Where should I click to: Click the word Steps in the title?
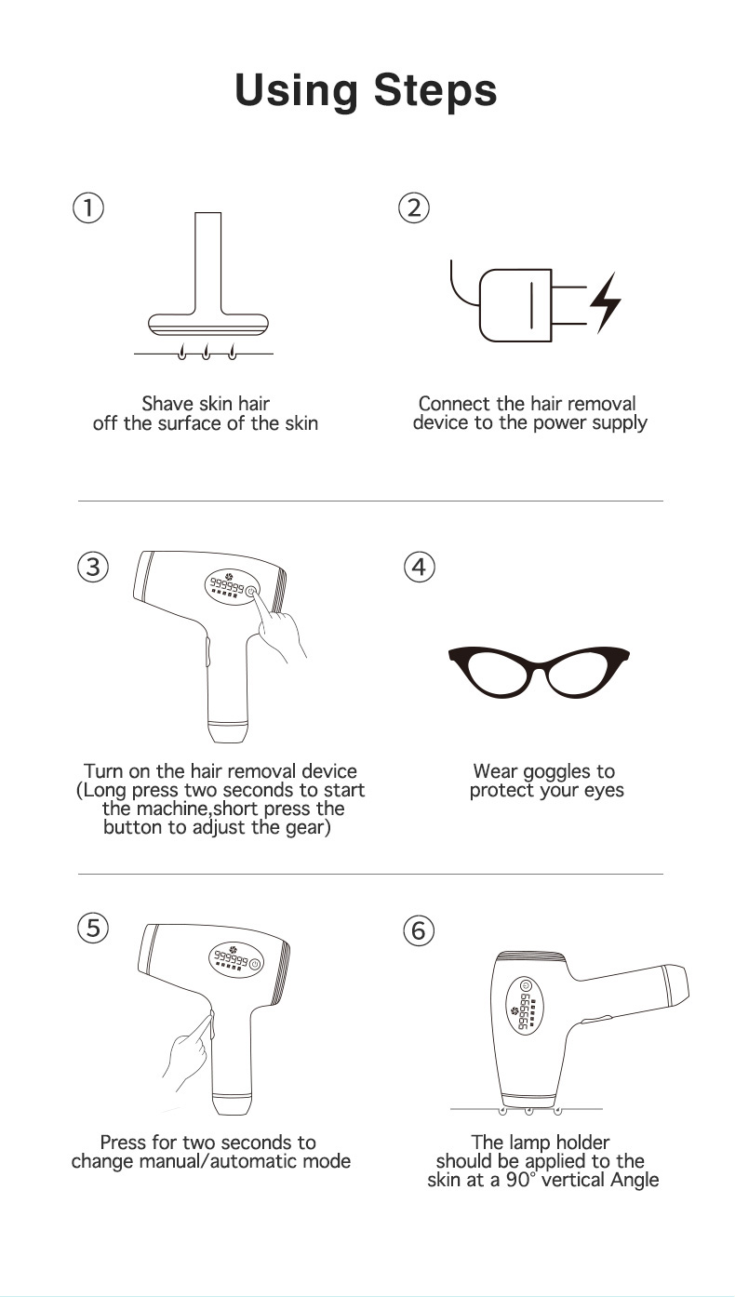(x=434, y=91)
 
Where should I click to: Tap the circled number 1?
(x=88, y=207)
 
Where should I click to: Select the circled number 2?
(x=414, y=207)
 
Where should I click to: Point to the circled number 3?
(x=93, y=567)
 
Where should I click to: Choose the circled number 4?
(x=420, y=567)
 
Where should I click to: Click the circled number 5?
(x=93, y=929)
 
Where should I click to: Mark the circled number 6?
(x=419, y=931)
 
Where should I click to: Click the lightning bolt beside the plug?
(x=606, y=302)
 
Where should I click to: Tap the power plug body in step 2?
(x=515, y=305)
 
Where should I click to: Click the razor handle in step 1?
(x=207, y=262)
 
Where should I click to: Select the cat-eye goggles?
(x=540, y=672)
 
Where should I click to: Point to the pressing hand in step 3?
(x=280, y=625)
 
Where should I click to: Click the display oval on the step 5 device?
(x=236, y=959)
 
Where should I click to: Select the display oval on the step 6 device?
(x=525, y=1005)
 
